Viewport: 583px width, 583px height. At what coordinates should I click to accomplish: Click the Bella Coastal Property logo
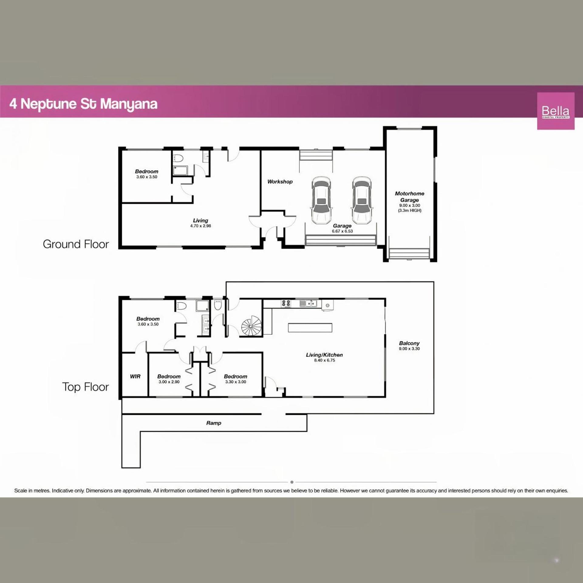(x=556, y=111)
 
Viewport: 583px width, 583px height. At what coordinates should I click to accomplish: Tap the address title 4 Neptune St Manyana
(x=84, y=104)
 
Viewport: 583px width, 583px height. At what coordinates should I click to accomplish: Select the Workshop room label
(x=280, y=182)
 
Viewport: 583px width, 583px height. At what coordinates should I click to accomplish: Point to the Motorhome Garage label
(x=410, y=196)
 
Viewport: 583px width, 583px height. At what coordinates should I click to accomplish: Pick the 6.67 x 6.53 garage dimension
(x=343, y=231)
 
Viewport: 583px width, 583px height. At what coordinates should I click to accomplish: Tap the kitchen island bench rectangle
(x=310, y=328)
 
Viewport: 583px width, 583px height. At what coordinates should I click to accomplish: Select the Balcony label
(x=409, y=343)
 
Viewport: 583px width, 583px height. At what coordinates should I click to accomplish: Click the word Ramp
(x=214, y=423)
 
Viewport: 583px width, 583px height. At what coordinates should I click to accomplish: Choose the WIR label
(x=135, y=377)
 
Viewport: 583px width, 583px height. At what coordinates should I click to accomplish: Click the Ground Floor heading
(x=76, y=244)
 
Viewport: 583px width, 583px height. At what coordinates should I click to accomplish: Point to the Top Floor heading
(x=86, y=387)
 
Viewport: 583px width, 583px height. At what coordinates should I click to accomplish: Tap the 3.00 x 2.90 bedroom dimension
(x=169, y=382)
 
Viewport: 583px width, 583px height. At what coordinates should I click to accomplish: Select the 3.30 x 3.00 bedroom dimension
(x=236, y=382)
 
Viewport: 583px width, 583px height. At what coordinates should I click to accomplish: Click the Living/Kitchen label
(x=325, y=355)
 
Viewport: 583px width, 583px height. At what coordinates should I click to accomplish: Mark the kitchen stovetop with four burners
(x=286, y=303)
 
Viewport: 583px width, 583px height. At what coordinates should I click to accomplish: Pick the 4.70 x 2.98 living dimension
(x=201, y=226)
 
